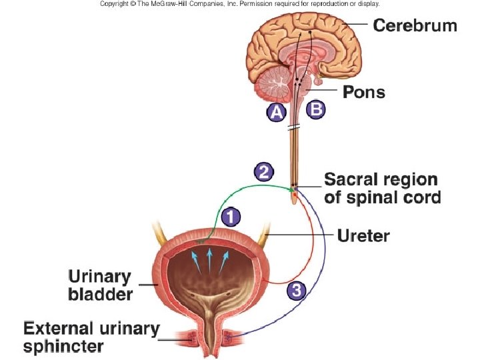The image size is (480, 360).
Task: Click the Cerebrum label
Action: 415,26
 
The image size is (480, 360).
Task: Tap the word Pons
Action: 363,92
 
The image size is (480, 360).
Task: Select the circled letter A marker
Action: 277,113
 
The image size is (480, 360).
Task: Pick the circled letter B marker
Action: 316,109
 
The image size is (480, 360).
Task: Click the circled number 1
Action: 230,217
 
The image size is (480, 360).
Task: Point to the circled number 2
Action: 263,172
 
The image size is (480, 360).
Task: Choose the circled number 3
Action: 297,290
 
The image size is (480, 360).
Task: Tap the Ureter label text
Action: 363,235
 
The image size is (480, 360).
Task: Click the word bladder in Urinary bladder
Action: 101,294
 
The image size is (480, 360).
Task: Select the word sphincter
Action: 63,346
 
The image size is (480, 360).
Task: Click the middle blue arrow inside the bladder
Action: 210,259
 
